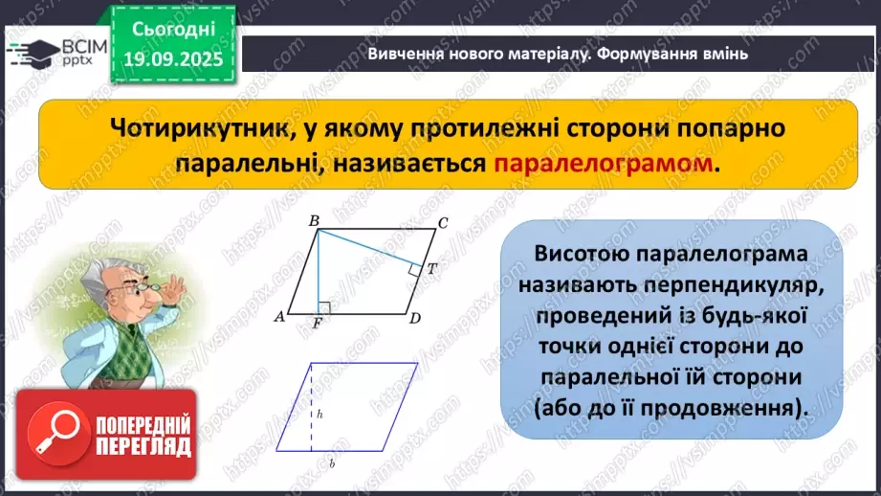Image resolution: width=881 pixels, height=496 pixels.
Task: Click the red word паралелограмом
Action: click(x=605, y=164)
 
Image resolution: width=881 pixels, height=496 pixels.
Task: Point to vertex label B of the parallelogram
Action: click(x=314, y=222)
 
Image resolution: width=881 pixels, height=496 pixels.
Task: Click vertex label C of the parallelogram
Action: click(x=442, y=224)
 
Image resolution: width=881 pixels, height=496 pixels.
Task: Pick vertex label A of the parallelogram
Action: click(x=278, y=317)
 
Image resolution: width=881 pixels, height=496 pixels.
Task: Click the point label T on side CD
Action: click(x=431, y=269)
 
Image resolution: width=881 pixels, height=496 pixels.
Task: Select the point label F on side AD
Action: click(x=317, y=324)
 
